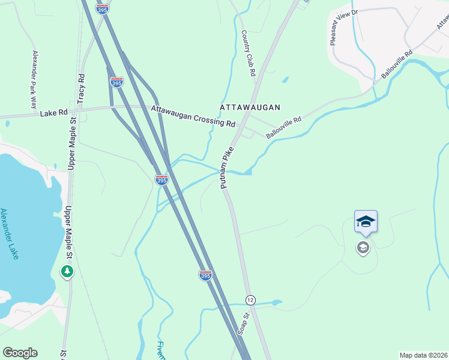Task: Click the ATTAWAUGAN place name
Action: (x=250, y=107)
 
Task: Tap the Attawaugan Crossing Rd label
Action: (x=193, y=116)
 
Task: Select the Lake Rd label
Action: (x=52, y=113)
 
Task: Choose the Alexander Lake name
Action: (x=10, y=233)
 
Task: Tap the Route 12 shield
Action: (x=250, y=299)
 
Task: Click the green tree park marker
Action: (x=67, y=272)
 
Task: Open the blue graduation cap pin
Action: (x=366, y=222)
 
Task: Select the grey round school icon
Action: (x=363, y=247)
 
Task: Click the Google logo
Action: (x=20, y=353)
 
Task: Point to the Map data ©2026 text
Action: (x=423, y=355)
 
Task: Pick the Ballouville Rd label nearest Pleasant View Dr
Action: (x=397, y=64)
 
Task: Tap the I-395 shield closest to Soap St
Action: (x=205, y=275)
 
